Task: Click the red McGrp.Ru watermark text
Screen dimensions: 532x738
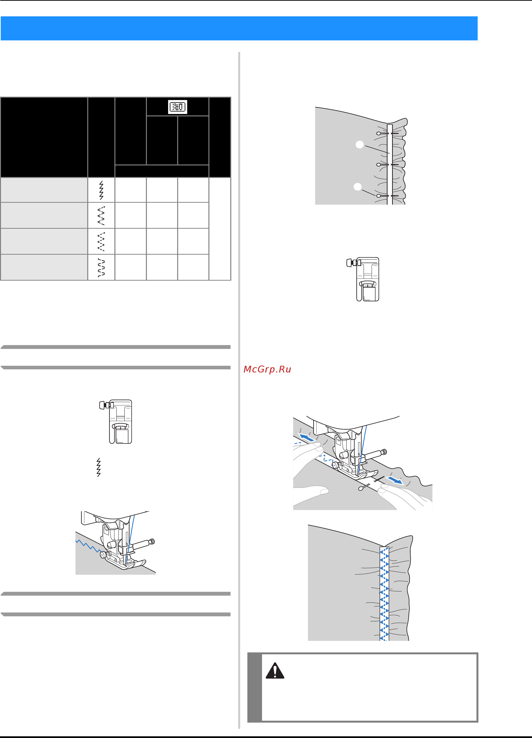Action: (x=267, y=369)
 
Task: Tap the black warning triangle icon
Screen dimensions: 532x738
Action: (x=275, y=670)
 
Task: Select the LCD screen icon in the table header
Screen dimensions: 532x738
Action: (x=178, y=107)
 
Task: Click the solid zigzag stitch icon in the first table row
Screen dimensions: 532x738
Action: (x=101, y=190)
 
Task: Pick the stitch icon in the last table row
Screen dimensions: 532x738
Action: (x=101, y=267)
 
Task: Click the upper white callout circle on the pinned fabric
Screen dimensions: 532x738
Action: (x=360, y=145)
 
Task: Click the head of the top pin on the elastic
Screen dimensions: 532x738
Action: (x=378, y=133)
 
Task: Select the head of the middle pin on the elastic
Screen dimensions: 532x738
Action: (x=378, y=165)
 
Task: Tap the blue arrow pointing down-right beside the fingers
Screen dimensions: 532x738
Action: (x=395, y=480)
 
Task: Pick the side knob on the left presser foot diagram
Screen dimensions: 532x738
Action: (x=103, y=405)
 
